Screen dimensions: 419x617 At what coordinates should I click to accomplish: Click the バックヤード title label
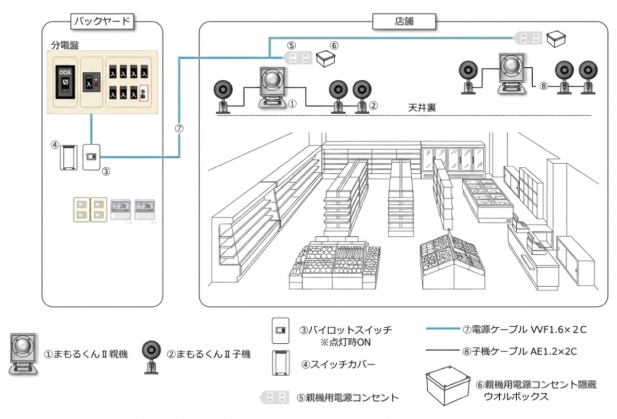(x=102, y=22)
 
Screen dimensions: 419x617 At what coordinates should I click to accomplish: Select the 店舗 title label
(x=404, y=22)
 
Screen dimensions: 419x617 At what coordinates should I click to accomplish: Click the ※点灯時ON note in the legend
(x=342, y=342)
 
